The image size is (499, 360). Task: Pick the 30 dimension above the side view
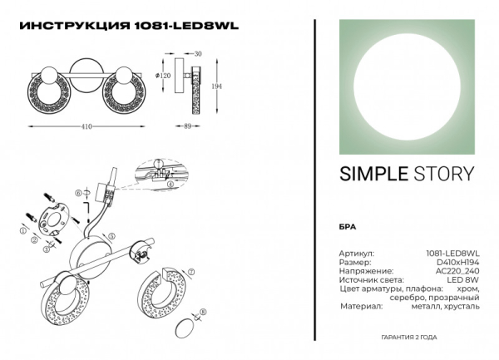(197, 53)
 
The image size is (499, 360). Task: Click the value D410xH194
(458, 261)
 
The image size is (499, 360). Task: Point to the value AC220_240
(458, 270)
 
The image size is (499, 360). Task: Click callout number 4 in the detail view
(169, 185)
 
